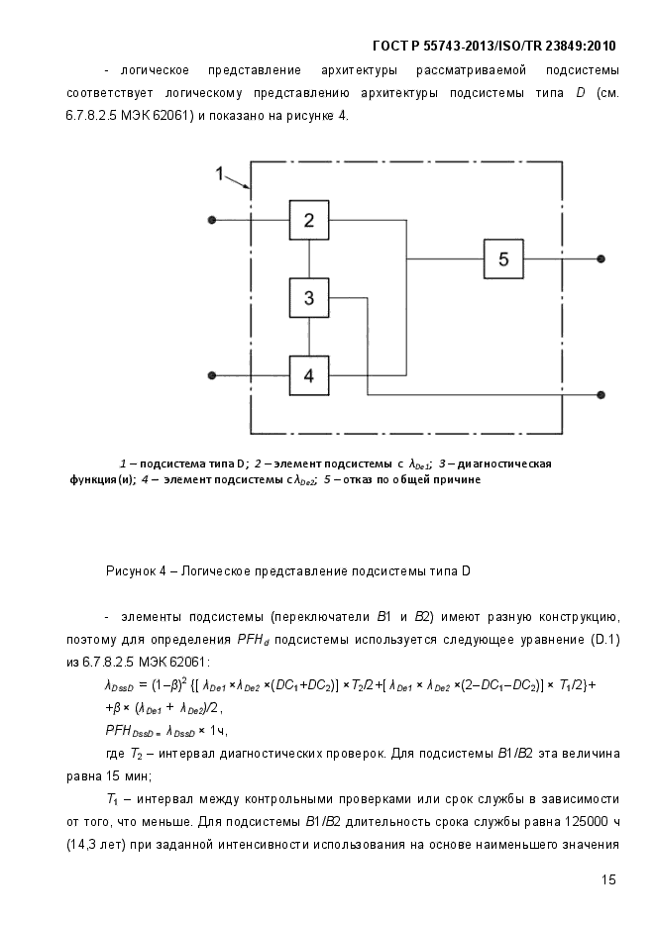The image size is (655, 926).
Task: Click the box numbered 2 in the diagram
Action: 309,220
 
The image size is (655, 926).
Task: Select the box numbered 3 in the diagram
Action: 309,298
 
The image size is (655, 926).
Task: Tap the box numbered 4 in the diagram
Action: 309,375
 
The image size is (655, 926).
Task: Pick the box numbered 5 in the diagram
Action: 503,258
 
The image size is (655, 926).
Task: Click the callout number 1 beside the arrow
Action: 219,173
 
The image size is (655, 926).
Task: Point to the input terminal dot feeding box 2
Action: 212,220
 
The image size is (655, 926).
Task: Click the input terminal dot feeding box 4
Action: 212,375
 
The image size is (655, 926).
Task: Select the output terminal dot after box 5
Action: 600,258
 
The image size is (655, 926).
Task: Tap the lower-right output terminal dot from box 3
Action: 600,394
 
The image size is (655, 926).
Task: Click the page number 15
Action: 608,879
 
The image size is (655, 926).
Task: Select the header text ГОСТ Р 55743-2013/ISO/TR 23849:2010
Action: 494,47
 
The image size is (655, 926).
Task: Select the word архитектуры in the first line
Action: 359,71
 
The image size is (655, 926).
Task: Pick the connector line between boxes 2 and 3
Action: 309,258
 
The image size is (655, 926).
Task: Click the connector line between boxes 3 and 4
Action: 309,337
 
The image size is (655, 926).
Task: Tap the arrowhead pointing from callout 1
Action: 247,185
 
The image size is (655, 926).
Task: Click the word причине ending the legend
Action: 459,479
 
